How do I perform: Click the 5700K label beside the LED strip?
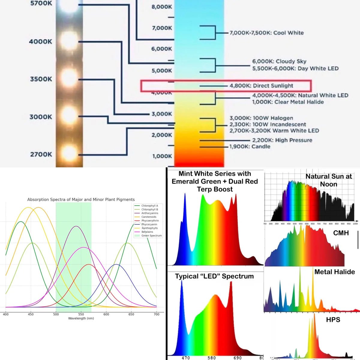click(x=41, y=4)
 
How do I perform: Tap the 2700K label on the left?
click(x=41, y=154)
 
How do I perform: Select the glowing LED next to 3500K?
click(x=69, y=79)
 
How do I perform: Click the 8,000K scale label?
click(x=162, y=7)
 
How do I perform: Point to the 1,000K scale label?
click(x=162, y=156)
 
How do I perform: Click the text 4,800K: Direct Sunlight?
click(x=261, y=86)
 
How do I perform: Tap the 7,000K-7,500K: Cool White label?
click(x=266, y=33)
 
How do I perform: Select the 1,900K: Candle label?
click(x=250, y=147)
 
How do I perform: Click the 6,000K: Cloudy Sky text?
click(x=279, y=61)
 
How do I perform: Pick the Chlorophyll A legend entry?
click(x=149, y=206)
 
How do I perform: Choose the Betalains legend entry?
click(x=147, y=232)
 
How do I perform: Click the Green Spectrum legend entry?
click(x=151, y=236)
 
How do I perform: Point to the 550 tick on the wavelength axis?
click(x=81, y=314)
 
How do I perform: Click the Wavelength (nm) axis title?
click(x=81, y=318)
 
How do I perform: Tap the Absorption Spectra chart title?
click(x=81, y=199)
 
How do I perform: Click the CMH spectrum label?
click(x=341, y=233)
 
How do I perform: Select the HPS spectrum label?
click(x=333, y=319)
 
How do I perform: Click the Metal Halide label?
click(x=334, y=272)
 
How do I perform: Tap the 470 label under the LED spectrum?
click(x=185, y=358)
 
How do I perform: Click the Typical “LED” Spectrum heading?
click(x=214, y=276)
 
